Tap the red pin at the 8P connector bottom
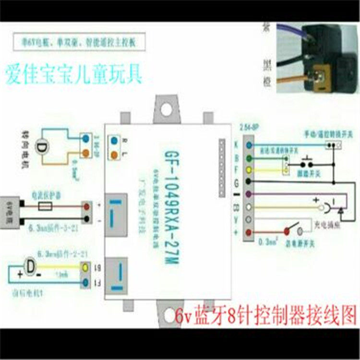click(248, 232)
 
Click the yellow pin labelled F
click(248, 169)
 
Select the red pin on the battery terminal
click(87, 207)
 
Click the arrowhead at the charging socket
click(340, 209)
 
